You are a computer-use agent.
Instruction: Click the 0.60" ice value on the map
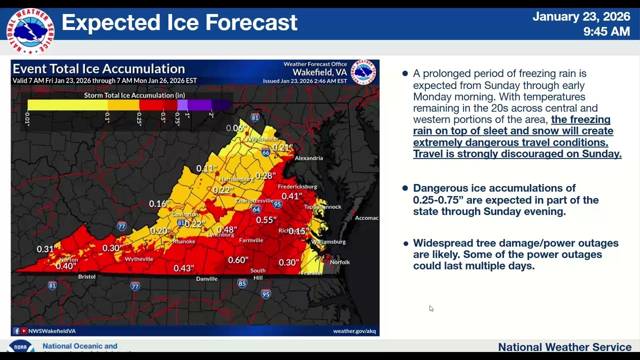click(x=238, y=260)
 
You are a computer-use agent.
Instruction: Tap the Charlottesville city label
click(x=254, y=200)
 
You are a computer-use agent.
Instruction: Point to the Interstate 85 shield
click(x=242, y=283)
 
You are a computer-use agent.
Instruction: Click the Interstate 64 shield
click(x=256, y=209)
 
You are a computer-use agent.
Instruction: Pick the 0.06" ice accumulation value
click(x=235, y=128)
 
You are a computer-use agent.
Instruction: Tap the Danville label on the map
click(x=206, y=279)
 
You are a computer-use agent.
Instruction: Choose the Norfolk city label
click(x=340, y=262)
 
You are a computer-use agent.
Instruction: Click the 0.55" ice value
click(x=266, y=220)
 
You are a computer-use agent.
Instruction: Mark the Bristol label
click(x=86, y=276)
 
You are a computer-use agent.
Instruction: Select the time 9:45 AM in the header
click(x=606, y=31)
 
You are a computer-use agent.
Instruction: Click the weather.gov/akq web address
click(x=354, y=331)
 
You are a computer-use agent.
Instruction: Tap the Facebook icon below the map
click(x=16, y=331)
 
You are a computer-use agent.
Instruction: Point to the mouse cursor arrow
click(x=431, y=308)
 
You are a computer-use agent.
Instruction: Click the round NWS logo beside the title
click(x=30, y=31)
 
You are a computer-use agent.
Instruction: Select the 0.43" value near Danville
click(x=183, y=268)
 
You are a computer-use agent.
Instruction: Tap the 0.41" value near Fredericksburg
click(x=292, y=196)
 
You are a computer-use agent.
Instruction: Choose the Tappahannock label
click(x=322, y=206)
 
